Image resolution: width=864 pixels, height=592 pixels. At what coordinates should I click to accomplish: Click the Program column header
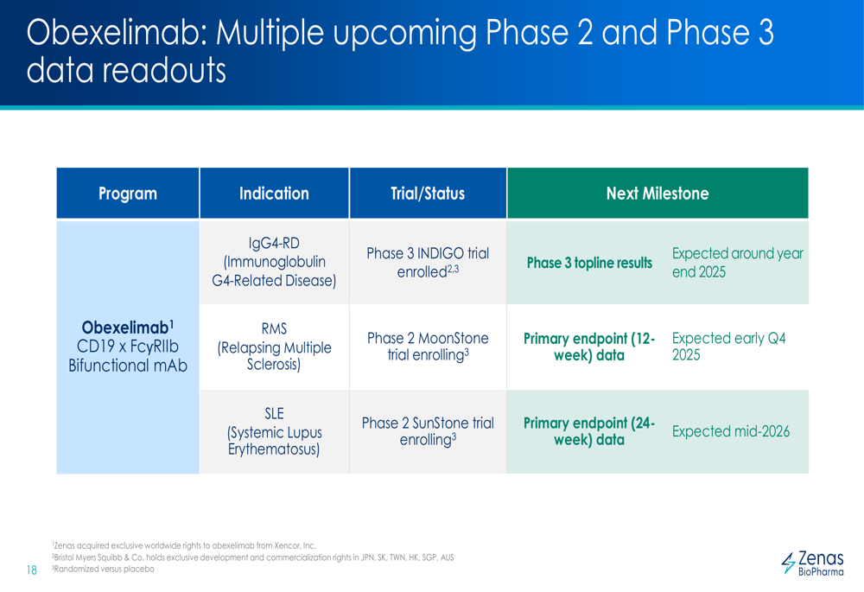pos(128,194)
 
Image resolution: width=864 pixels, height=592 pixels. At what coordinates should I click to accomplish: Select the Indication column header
pos(274,194)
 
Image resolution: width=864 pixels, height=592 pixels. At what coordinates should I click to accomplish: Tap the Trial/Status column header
pos(428,194)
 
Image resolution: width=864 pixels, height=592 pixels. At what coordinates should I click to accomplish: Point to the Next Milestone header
pos(658,194)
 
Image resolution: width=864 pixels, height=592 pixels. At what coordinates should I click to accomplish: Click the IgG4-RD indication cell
pos(274,262)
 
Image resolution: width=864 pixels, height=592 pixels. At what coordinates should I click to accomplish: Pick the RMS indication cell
pos(274,347)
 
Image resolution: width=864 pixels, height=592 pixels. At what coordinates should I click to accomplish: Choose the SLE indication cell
pos(274,431)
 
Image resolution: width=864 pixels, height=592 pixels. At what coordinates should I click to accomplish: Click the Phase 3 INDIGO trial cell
pos(428,263)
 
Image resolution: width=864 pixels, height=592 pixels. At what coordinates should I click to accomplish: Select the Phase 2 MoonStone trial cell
pos(428,347)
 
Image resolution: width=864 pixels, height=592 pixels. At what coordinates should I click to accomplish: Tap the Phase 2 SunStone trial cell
pos(428,431)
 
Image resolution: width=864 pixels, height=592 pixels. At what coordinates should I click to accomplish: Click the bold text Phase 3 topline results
pos(589,263)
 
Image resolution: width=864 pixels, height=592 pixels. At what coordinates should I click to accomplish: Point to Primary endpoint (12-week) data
pos(589,347)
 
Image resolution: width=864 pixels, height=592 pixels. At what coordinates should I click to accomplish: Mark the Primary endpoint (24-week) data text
pos(589,431)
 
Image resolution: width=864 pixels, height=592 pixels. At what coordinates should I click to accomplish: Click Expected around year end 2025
pos(737,263)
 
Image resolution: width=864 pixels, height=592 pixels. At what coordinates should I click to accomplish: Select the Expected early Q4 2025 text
pos(728,347)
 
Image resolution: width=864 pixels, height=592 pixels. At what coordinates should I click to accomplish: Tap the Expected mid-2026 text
pos(731,431)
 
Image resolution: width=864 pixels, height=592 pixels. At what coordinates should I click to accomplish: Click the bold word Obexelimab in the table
pos(125,328)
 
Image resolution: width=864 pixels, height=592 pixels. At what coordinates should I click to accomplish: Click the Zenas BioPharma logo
pos(812,563)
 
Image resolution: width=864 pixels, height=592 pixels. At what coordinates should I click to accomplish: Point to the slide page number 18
pos(31,570)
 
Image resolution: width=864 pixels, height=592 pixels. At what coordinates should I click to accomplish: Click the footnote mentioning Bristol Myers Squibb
pos(253,557)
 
